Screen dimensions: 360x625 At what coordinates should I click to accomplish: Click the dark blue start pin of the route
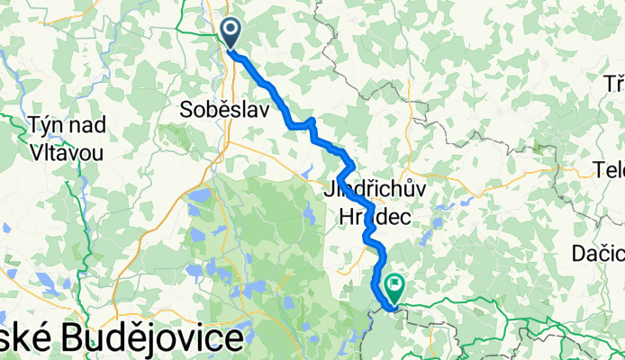click(x=231, y=34)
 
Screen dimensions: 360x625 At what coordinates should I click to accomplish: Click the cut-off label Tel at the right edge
click(x=610, y=170)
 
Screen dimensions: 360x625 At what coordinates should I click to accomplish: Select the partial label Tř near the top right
click(x=614, y=84)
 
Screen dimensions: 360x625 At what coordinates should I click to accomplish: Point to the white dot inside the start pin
click(x=231, y=31)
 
